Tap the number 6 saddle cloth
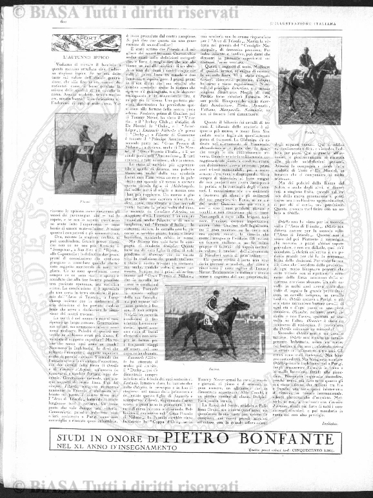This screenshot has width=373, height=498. [207, 319]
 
